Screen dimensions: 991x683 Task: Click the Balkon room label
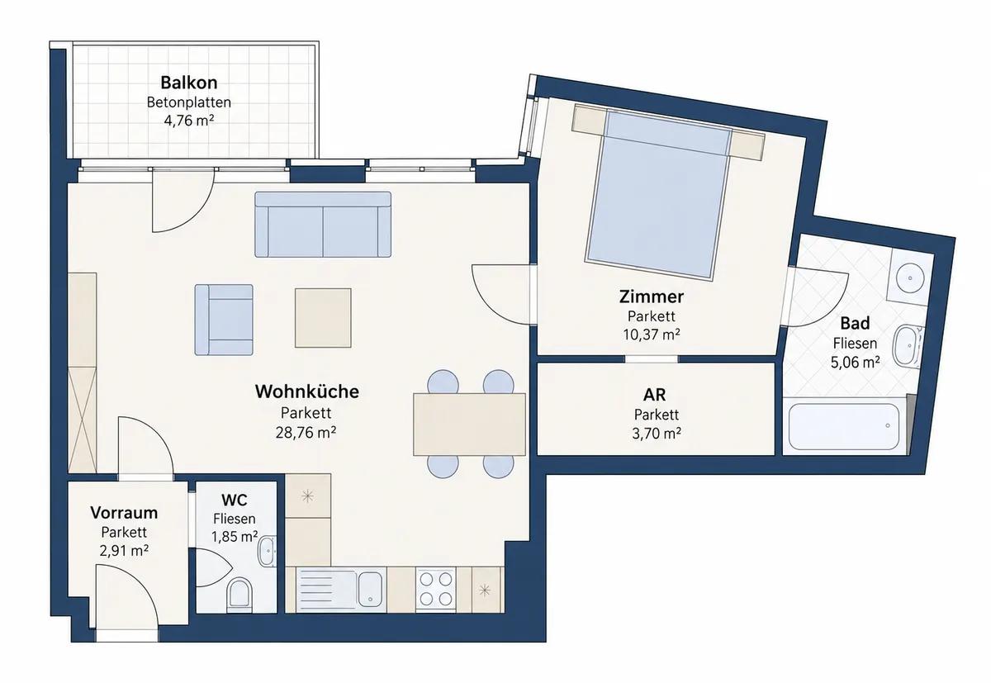tap(189, 83)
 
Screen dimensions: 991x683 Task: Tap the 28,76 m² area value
tap(306, 432)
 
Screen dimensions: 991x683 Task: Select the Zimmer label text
tap(652, 296)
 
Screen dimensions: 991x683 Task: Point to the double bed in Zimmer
tap(658, 193)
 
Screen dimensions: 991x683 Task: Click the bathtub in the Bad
tap(844, 426)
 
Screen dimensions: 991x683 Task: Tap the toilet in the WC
tap(239, 594)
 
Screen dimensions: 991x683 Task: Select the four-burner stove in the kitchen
tap(436, 591)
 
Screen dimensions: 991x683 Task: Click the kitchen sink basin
tap(370, 589)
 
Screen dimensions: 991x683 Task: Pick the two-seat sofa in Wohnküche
tap(323, 225)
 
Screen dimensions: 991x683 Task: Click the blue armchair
tap(224, 320)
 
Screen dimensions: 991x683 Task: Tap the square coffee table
tap(324, 318)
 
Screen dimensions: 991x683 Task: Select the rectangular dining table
tap(469, 425)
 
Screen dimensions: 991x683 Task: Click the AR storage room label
tap(654, 395)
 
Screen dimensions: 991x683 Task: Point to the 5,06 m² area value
tap(855, 363)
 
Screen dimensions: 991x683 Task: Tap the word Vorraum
tap(124, 513)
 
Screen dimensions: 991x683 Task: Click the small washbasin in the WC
tap(266, 551)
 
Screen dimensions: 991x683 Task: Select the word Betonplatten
tap(189, 102)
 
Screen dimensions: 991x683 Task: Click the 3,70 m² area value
tap(656, 434)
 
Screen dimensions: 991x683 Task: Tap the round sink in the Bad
tap(910, 278)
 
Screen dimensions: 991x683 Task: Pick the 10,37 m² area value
tap(652, 334)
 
